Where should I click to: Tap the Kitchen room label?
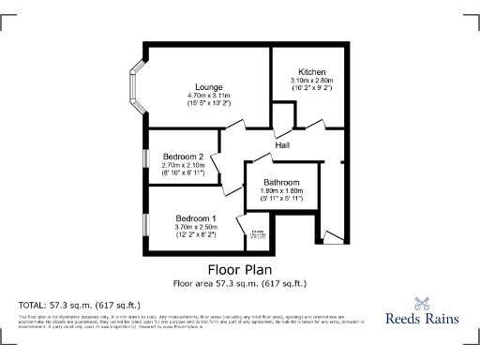point(311,72)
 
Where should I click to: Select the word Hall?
point(282,144)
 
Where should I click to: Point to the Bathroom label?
point(281,182)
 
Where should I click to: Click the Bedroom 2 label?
point(183,157)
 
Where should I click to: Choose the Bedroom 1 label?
point(196,217)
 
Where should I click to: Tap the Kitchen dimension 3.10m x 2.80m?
point(311,82)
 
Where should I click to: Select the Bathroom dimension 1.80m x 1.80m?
point(281,191)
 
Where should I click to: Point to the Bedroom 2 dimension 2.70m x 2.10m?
point(183,166)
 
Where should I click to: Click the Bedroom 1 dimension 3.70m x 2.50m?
point(196,227)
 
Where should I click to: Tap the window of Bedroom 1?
point(147,224)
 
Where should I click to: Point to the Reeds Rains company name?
point(423,319)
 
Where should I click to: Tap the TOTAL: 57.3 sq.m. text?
point(80,306)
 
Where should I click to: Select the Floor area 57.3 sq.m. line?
point(239,282)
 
